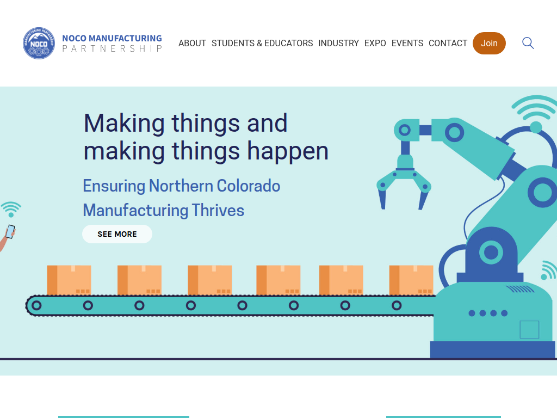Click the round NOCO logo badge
(39, 43)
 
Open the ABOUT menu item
(192, 44)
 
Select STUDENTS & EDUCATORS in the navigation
(262, 44)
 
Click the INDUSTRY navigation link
(338, 44)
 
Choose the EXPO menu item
(375, 44)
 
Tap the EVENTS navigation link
(407, 44)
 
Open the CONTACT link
(448, 44)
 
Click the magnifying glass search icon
(528, 43)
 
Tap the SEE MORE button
(117, 234)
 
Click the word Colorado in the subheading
(248, 186)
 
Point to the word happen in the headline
(288, 151)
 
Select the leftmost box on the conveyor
(69, 280)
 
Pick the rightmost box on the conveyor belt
(411, 280)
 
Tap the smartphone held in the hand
(11, 231)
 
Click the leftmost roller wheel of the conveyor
(36, 305)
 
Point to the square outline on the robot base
(529, 329)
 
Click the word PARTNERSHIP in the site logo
(112, 48)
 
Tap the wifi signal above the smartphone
(11, 209)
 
